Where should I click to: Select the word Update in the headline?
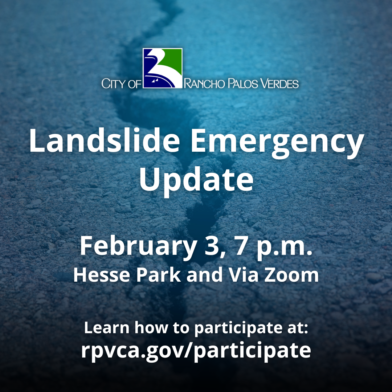[x=196, y=181]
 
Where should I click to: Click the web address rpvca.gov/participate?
[x=196, y=350]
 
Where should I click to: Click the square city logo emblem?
[x=162, y=68]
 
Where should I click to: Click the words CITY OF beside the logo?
[x=121, y=84]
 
